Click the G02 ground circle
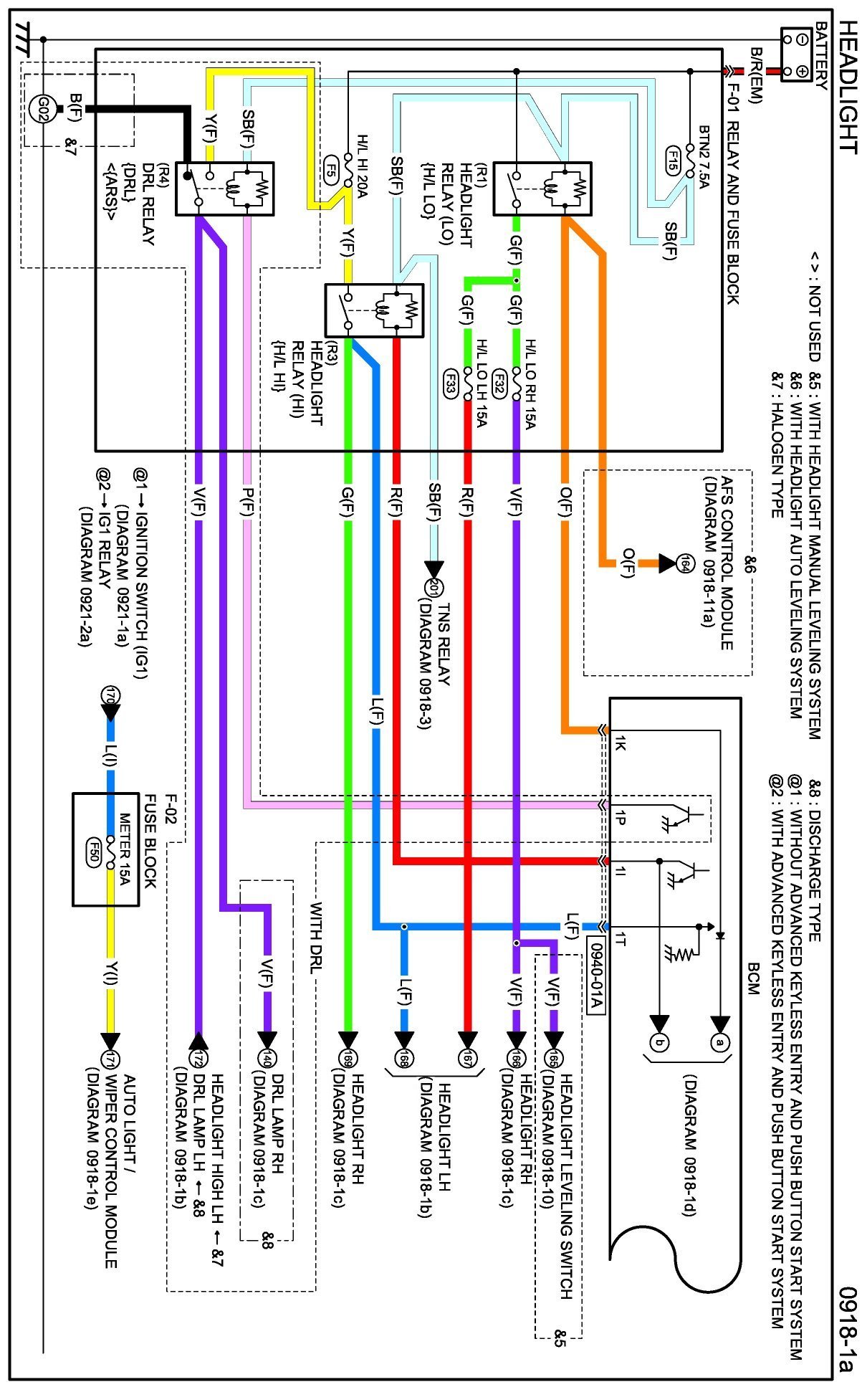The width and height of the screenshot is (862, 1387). point(42,109)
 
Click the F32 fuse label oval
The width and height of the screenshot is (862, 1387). point(499,383)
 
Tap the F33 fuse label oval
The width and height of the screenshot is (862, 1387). point(450,383)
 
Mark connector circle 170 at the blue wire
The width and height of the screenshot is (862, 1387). point(110,695)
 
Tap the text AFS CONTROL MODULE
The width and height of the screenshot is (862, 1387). point(726,563)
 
